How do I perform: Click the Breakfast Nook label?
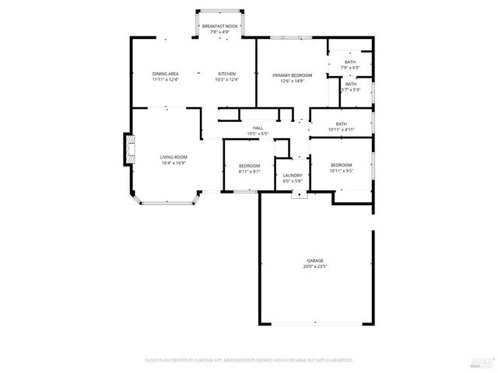pos(220,26)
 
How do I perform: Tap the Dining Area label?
pos(165,73)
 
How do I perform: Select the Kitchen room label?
pos(226,73)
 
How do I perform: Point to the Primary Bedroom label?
pos(292,75)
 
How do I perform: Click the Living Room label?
pos(174,157)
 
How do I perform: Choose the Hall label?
pos(257,128)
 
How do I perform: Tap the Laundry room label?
pos(293,176)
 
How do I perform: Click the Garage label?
pos(315,260)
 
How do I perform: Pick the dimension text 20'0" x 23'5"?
pos(315,267)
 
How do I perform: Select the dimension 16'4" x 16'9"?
pos(174,163)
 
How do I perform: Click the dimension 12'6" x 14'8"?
pos(292,81)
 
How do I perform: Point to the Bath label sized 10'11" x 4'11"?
pos(342,124)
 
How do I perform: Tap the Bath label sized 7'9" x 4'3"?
pos(350,62)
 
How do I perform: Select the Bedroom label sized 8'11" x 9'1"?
pos(249,166)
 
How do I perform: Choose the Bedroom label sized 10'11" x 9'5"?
pos(342,165)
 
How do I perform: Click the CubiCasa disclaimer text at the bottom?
pos(249,361)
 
